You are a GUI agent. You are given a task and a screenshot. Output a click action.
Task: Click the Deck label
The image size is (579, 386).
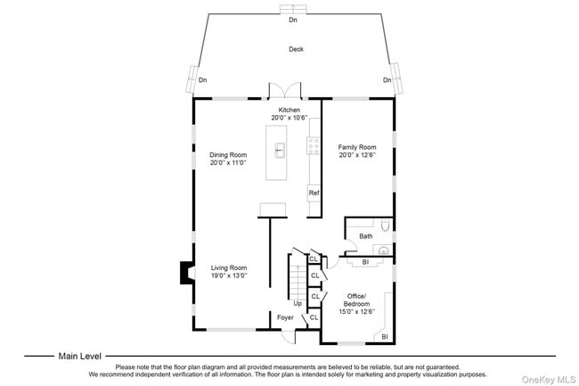pos(295,49)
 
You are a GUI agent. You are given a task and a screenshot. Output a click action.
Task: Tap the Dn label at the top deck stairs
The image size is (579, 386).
pos(293,20)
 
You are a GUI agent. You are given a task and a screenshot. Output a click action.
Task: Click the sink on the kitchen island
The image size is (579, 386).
pos(280,150)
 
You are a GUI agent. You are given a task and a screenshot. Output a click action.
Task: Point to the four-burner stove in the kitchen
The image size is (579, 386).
pos(314,146)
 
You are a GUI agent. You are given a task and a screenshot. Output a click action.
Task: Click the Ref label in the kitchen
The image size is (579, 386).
pos(314,193)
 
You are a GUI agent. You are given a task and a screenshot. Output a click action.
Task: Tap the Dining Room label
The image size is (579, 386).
pos(227,154)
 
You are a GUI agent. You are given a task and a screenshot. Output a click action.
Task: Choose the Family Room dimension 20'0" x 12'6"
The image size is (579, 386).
pos(356,155)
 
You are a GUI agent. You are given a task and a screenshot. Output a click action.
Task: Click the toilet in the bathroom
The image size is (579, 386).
pos(385,226)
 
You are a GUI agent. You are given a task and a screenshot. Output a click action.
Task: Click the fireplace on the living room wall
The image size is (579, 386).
pos(185,272)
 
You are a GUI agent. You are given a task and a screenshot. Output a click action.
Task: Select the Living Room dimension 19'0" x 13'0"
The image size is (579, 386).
pos(228,276)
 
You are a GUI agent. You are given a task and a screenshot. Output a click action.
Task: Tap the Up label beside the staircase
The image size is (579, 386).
pos(298,303)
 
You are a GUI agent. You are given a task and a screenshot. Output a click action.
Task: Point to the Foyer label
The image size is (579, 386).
pos(285,317)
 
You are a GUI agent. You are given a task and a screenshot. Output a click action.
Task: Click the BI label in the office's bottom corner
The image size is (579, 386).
pos(385,336)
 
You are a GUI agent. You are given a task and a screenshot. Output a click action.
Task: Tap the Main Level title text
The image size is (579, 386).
pos(80,355)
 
